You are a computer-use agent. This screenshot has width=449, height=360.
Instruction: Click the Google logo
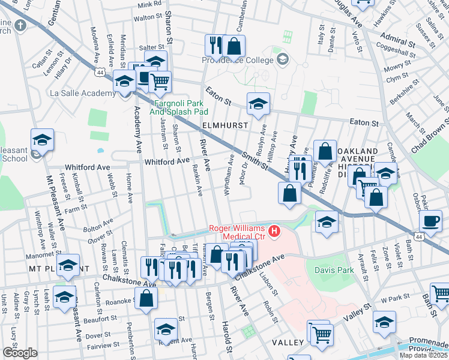20,353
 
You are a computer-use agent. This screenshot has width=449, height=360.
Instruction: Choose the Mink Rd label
149,4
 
